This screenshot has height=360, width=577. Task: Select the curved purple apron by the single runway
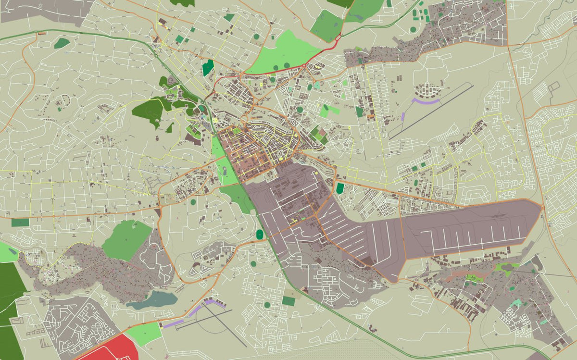(426, 101)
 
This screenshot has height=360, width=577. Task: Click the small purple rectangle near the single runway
(402, 116)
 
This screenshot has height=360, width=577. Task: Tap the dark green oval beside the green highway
(260, 234)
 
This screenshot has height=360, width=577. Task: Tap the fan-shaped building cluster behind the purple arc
(428, 89)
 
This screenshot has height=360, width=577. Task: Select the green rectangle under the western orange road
(20, 223)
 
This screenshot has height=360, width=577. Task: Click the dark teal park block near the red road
(207, 68)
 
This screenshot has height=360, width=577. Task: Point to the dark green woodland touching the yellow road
(149, 111)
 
